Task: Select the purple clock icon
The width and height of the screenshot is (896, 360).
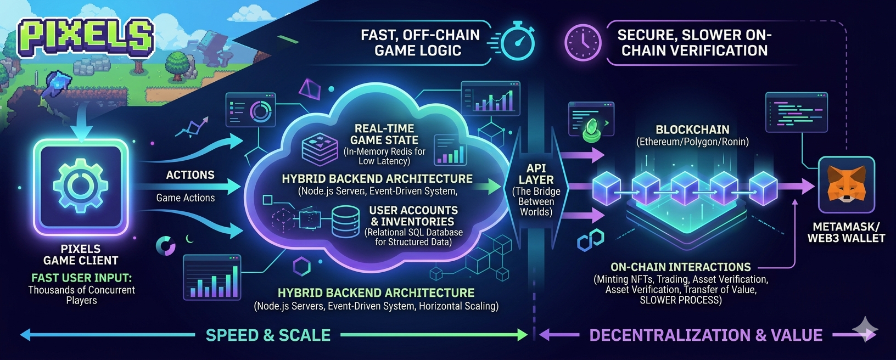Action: tap(583, 42)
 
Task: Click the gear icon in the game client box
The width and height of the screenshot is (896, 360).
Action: tap(81, 185)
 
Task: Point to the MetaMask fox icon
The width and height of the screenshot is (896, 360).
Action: tap(845, 185)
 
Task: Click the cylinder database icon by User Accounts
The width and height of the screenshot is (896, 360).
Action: tap(346, 222)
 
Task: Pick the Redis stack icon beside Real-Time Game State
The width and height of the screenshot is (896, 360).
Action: tap(320, 148)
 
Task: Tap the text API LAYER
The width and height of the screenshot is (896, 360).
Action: tap(536, 174)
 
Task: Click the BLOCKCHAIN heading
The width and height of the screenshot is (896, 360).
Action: tap(692, 130)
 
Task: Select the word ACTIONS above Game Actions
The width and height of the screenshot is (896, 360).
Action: tap(190, 175)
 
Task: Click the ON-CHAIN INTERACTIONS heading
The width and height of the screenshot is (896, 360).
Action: tap(680, 267)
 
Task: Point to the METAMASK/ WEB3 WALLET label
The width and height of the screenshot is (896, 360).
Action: tap(845, 233)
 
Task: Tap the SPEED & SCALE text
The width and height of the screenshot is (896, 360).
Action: tap(268, 335)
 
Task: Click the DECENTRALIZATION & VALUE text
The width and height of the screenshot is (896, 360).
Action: tap(705, 335)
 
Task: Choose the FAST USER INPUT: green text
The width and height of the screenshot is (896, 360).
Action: tap(81, 278)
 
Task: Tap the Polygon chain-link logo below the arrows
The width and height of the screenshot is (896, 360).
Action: tap(590, 240)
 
